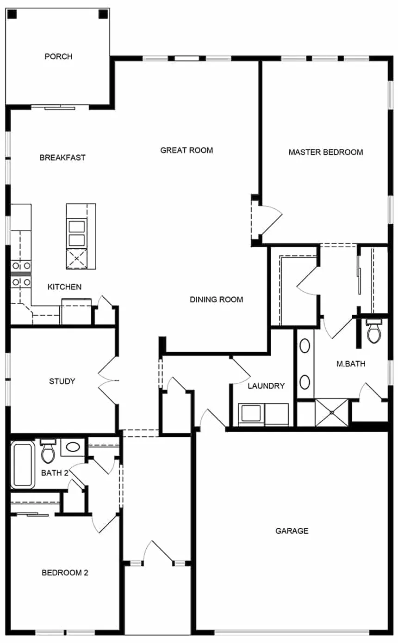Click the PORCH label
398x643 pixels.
tap(59, 56)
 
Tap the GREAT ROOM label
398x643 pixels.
tap(187, 150)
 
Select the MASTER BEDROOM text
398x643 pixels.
tap(326, 152)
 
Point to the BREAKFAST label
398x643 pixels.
tap(62, 158)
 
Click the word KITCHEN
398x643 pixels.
tap(64, 287)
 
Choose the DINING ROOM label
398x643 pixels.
tap(217, 300)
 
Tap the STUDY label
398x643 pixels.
tap(62, 381)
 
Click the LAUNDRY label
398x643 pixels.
tap(266, 386)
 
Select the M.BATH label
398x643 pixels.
tap(351, 364)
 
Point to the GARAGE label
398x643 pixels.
tap(292, 531)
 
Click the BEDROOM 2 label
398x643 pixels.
tap(65, 573)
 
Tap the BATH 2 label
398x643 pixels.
tap(55, 473)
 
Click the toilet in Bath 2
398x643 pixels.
tap(48, 451)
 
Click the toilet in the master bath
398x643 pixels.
tap(373, 331)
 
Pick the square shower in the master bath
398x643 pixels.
tap(332, 412)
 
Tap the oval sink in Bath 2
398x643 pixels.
tap(73, 447)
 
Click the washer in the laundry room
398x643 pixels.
tap(251, 415)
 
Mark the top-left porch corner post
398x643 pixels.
tap(12, 14)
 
